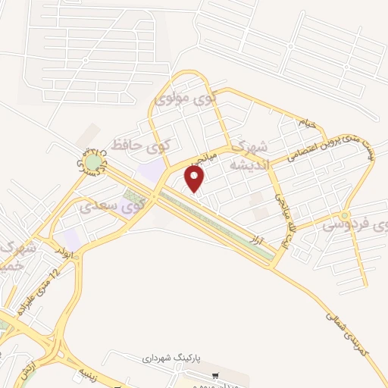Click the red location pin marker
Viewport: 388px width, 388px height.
click(195, 179)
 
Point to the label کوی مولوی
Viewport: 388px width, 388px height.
click(185, 98)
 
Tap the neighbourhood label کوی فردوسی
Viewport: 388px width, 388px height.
click(355, 224)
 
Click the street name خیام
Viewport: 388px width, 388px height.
click(305, 122)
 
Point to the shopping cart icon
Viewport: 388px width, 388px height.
click(216, 374)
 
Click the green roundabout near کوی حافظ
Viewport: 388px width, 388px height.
click(92, 161)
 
